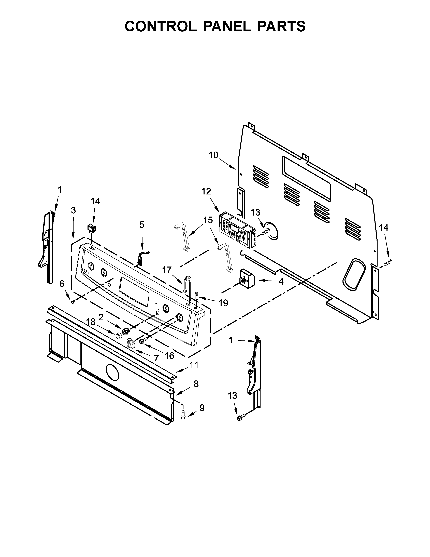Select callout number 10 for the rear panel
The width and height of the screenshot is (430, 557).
[213, 155]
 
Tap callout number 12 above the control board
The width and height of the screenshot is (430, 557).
[206, 191]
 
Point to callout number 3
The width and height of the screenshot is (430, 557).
[73, 210]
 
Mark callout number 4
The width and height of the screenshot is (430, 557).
[281, 281]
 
